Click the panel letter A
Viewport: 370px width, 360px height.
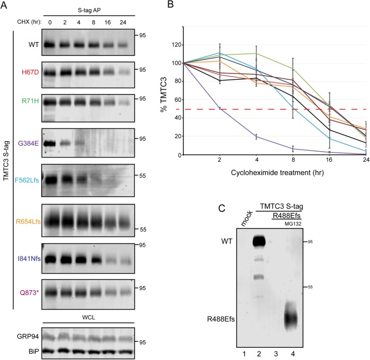tap(5, 6)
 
